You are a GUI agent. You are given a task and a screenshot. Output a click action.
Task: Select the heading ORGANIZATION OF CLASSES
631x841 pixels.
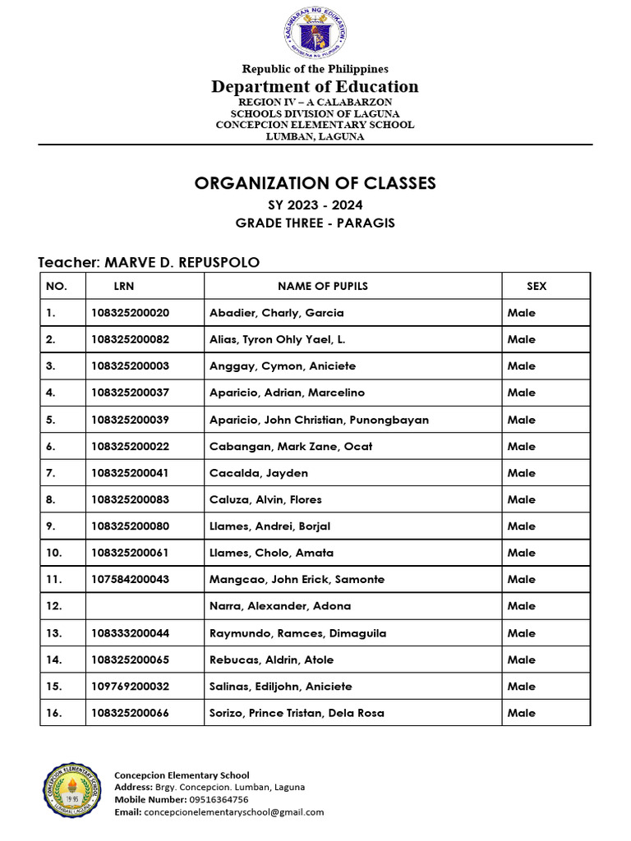coord(315,183)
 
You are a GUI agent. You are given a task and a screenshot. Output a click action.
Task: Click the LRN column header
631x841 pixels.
coord(124,286)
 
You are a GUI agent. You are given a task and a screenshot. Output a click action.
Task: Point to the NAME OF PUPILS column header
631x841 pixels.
coord(323,286)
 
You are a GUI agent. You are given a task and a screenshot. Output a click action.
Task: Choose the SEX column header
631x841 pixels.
coord(537,286)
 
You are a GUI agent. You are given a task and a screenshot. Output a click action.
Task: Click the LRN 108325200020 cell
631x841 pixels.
coord(130,313)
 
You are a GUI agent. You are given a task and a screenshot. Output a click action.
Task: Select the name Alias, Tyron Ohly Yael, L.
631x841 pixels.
coord(280,339)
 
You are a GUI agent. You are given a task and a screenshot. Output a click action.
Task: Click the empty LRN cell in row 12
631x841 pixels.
coord(145,606)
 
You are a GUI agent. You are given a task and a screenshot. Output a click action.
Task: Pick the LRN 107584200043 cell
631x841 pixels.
coord(130,580)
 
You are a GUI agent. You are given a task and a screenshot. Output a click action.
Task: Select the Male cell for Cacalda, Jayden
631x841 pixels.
coord(522,473)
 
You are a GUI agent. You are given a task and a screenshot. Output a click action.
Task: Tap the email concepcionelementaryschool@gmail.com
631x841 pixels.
coord(233,812)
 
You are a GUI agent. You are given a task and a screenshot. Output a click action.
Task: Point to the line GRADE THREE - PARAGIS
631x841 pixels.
coord(315,223)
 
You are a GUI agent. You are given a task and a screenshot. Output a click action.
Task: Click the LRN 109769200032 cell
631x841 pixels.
coord(130,687)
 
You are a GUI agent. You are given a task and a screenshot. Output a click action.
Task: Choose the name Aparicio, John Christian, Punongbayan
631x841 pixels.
coord(319,420)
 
